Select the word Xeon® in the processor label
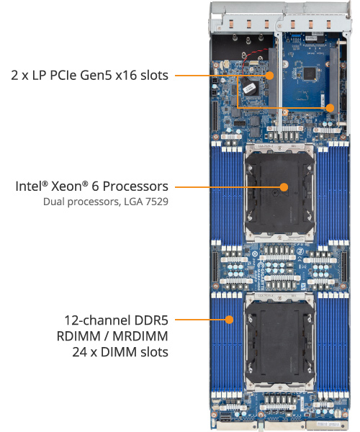click(x=70, y=186)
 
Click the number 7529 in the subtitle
click(x=157, y=202)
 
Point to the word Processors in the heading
click(x=135, y=186)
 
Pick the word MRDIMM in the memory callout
click(x=140, y=336)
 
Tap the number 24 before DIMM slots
click(x=80, y=352)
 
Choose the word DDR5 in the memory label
click(x=151, y=320)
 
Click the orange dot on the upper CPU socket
click(x=284, y=187)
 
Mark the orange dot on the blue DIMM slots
click(x=229, y=320)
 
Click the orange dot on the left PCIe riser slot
click(x=270, y=75)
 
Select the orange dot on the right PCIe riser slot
click(x=330, y=108)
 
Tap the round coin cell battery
click(x=249, y=87)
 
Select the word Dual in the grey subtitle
click(x=54, y=202)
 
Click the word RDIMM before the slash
click(x=78, y=336)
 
